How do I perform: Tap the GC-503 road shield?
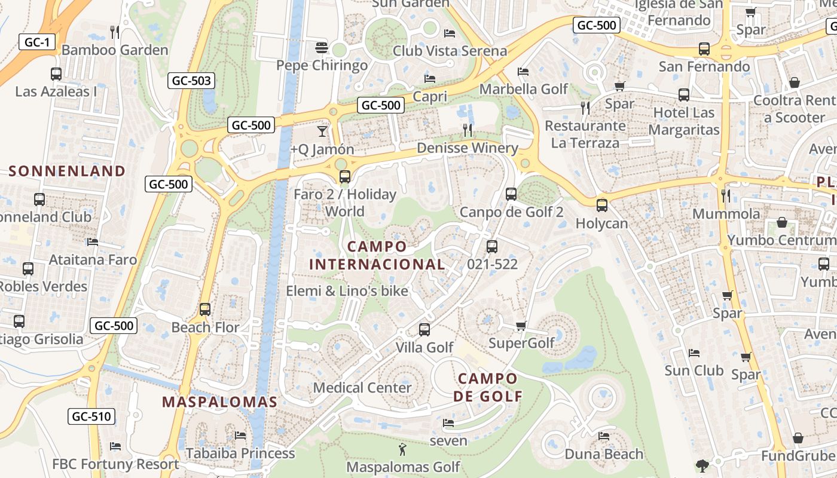(191, 81)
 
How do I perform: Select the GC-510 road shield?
(91, 416)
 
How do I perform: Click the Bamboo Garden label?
(115, 50)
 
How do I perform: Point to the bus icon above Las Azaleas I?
(56, 74)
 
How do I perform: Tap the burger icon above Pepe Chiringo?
(322, 47)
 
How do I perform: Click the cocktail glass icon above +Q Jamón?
(322, 131)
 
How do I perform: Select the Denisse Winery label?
(467, 148)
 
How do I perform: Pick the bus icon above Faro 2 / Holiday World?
(344, 177)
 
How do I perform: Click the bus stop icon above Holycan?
(601, 206)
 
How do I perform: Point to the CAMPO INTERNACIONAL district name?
(377, 255)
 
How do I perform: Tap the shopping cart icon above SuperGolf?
(521, 326)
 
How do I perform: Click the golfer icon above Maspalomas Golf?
(402, 449)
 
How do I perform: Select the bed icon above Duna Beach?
(604, 436)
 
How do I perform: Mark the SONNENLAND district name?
(67, 171)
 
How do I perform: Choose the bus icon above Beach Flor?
(205, 310)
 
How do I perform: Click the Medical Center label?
(362, 388)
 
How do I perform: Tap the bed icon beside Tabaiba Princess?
(240, 435)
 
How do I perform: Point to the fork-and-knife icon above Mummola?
(726, 195)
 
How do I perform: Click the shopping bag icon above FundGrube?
(798, 438)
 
